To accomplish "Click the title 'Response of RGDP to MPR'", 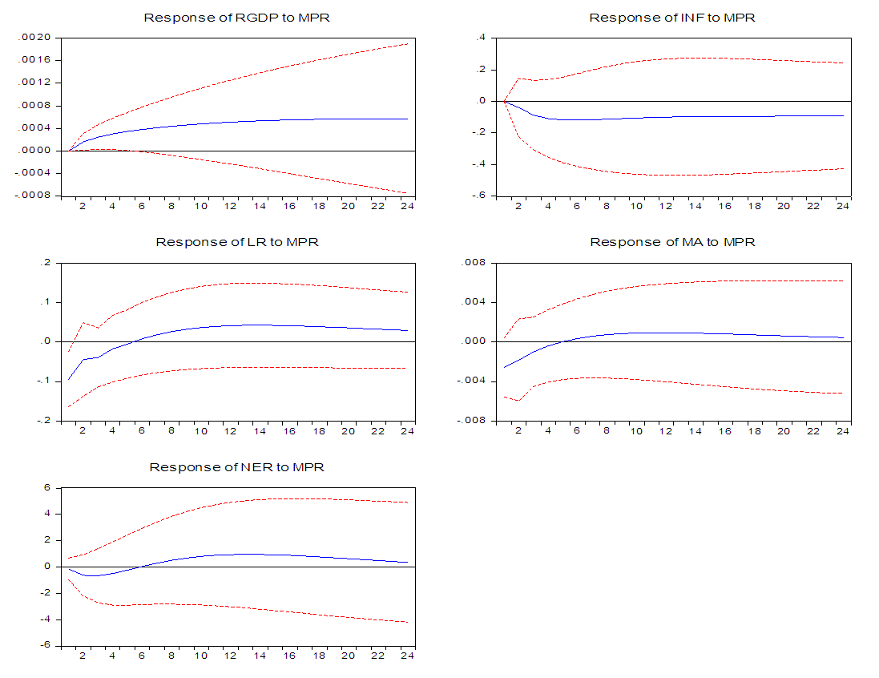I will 237,18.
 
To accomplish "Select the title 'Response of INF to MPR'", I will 672,18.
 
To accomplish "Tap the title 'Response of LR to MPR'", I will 237,242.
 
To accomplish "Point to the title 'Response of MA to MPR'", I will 672,242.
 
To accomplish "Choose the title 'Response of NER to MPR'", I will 237,466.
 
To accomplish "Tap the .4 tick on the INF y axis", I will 482,37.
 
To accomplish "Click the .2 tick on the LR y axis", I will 46,262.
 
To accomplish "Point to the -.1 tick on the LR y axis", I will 44,381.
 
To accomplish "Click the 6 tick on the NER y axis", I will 47,487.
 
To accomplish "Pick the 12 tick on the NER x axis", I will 231,655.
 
